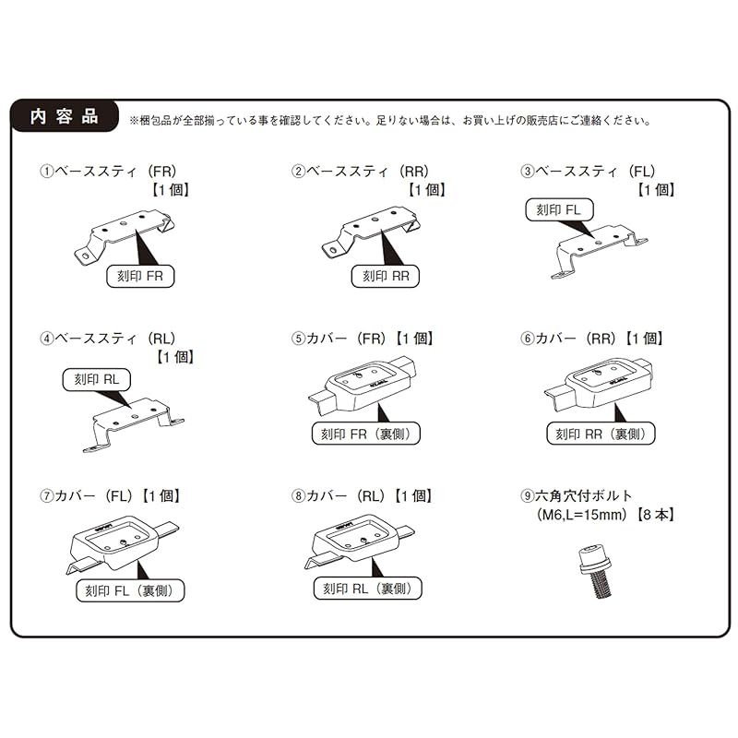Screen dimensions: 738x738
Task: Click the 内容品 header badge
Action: tap(65, 116)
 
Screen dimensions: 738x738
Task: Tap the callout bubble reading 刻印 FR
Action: tap(140, 276)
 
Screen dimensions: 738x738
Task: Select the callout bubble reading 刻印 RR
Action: tap(386, 276)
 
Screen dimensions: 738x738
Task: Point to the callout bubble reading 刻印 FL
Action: tap(559, 210)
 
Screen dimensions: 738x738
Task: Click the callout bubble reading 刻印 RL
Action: tap(97, 379)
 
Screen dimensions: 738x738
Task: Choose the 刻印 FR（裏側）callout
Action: tap(366, 434)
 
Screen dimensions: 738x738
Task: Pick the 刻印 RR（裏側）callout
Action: tap(601, 434)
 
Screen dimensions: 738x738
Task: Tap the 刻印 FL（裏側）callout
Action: tap(130, 590)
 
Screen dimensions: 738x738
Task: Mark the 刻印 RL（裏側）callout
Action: tap(367, 589)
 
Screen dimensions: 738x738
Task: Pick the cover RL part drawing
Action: tap(360, 544)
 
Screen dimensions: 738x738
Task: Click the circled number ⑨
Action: tap(527, 495)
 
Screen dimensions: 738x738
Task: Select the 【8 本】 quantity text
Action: tap(655, 515)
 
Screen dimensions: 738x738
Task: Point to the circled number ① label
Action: tap(47, 172)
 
